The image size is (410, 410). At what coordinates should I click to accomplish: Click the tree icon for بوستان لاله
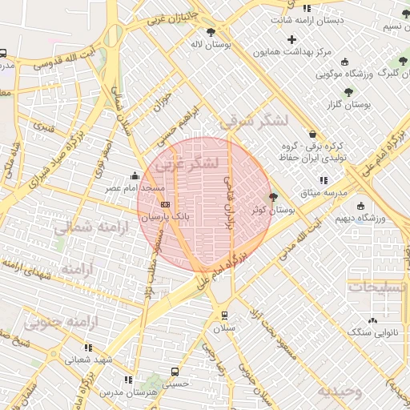pos(211,33)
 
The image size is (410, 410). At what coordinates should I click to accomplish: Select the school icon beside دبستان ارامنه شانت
pos(307,8)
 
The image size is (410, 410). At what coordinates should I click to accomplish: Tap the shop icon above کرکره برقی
pos(312,134)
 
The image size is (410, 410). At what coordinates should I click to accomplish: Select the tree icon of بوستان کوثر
pos(273,197)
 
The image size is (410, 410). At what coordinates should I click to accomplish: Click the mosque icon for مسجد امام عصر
pos(135,176)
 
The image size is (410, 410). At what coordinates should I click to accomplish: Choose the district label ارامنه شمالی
pos(86,228)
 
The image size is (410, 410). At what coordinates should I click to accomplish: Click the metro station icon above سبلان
pos(223,315)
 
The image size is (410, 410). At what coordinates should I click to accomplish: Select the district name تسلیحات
pos(378,287)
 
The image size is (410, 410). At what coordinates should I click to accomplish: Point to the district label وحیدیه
pos(340,392)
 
